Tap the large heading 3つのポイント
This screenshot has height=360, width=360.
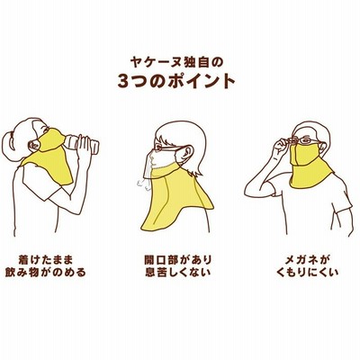coord(176,80)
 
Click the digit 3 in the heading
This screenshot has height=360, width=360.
coord(123,81)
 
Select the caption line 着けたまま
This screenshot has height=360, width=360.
coord(46,259)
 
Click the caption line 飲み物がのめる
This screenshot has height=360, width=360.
coord(46,273)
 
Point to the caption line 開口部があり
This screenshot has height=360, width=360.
coord(177,259)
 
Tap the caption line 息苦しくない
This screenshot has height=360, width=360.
coord(177,273)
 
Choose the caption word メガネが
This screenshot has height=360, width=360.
coord(308,259)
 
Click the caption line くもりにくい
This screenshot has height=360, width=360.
coord(308,273)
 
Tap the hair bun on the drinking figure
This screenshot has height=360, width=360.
coord(10,147)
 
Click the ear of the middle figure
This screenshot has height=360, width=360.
coord(187,153)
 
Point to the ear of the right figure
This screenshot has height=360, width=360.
coord(323,147)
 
